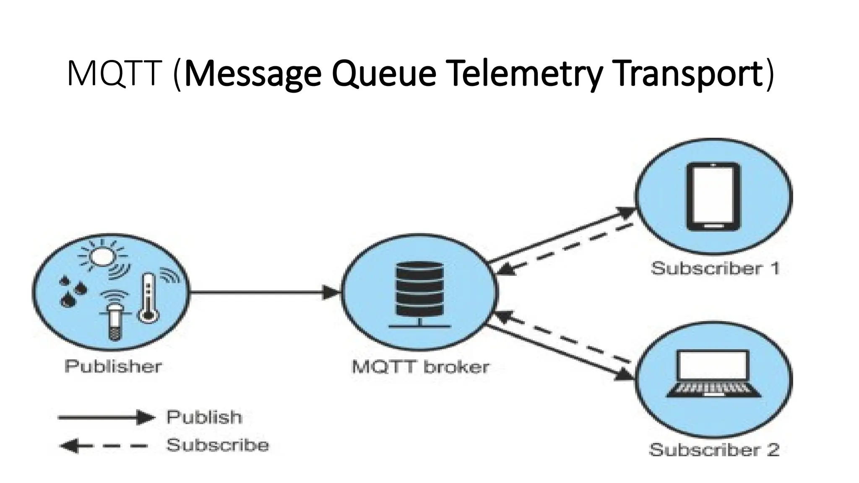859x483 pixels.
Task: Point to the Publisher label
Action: click(x=113, y=366)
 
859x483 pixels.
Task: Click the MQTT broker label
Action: click(x=420, y=367)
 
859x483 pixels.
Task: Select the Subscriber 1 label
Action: click(x=715, y=268)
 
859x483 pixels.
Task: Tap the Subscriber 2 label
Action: click(x=714, y=450)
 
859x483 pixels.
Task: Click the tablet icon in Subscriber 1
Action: click(x=713, y=196)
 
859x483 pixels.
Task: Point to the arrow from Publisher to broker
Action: click(x=264, y=292)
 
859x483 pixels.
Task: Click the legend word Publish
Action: click(x=204, y=417)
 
